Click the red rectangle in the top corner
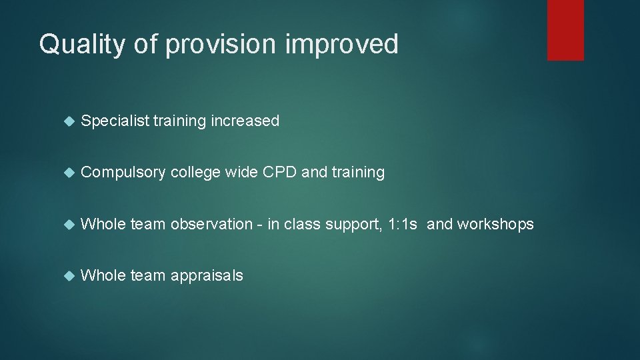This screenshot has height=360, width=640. click(x=565, y=30)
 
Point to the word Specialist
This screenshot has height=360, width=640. click(x=114, y=121)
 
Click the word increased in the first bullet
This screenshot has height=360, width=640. click(x=245, y=121)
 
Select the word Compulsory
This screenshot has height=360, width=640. click(x=123, y=173)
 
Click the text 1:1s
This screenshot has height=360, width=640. click(x=403, y=225)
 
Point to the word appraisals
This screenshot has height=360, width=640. click(x=207, y=276)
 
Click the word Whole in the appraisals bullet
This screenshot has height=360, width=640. click(x=103, y=276)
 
